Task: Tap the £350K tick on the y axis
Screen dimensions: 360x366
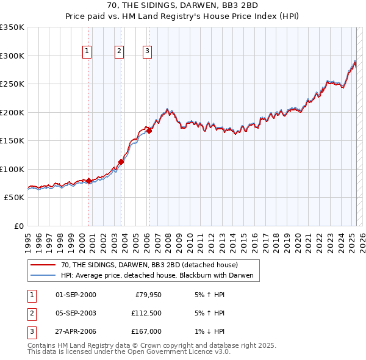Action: [12, 27]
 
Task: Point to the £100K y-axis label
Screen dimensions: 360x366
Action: [12, 169]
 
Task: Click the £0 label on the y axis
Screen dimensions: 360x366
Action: [20, 226]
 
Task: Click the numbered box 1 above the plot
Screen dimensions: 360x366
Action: [87, 51]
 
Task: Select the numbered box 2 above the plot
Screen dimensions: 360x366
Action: [120, 51]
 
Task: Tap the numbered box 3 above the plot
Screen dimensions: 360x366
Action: [148, 51]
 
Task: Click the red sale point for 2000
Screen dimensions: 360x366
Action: [89, 181]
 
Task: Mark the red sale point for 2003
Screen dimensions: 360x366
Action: [121, 162]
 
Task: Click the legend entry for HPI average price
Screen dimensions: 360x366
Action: [160, 276]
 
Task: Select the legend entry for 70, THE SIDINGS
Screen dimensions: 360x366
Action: [152, 265]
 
